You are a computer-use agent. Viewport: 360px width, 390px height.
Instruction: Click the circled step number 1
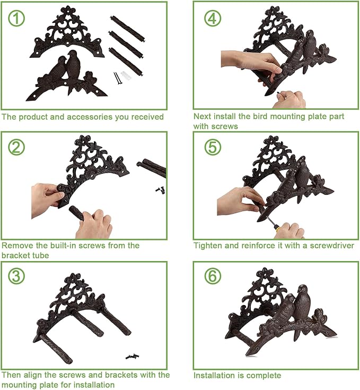(x=16, y=18)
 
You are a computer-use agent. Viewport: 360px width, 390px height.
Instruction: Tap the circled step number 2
(x=16, y=147)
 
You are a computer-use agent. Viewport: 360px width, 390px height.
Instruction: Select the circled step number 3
(x=16, y=276)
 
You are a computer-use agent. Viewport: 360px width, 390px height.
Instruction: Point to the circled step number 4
(x=213, y=18)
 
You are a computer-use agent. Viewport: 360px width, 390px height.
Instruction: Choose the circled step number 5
(x=213, y=147)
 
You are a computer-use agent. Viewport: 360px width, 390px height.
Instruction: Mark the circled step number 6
(x=213, y=276)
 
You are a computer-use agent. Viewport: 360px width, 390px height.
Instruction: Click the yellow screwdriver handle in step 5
(x=279, y=229)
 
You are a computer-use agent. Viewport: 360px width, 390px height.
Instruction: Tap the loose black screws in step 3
(x=132, y=356)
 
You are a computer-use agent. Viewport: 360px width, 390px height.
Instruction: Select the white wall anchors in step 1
(x=126, y=75)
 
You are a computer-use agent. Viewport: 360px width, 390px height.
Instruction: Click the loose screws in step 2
(x=161, y=190)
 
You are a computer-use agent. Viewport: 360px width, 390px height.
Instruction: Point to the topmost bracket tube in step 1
(x=127, y=28)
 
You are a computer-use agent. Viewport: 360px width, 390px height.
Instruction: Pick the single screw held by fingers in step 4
(x=278, y=92)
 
